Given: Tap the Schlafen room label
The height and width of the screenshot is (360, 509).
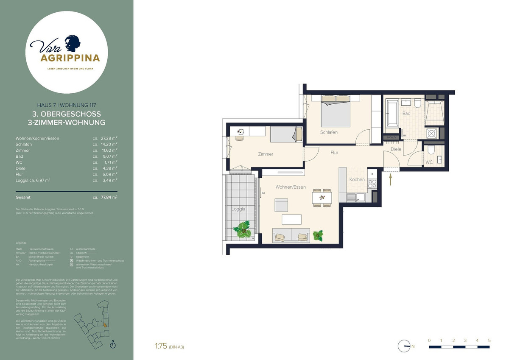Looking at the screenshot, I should pyautogui.click(x=329, y=132).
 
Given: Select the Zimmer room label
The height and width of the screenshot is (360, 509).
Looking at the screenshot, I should pyautogui.click(x=266, y=154).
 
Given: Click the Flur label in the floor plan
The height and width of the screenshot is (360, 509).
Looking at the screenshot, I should pyautogui.click(x=334, y=152).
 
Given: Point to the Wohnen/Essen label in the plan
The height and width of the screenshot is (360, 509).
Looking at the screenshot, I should pyautogui.click(x=291, y=187).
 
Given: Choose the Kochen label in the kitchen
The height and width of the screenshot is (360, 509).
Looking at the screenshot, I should pyautogui.click(x=357, y=179).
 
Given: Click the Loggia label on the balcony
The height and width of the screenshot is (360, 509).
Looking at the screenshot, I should pyautogui.click(x=238, y=209).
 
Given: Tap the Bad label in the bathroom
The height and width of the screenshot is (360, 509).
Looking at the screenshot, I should pyautogui.click(x=406, y=114).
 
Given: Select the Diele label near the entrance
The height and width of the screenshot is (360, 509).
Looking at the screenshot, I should pyautogui.click(x=396, y=149).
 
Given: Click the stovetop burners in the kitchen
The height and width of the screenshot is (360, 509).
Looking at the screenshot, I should pyautogui.click(x=372, y=184).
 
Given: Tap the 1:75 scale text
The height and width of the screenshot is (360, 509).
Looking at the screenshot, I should pyautogui.click(x=161, y=346).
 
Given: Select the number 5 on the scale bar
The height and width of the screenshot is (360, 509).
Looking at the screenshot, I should pyautogui.click(x=489, y=340).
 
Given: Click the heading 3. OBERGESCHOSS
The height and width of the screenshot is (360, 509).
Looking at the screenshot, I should pyautogui.click(x=67, y=114).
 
